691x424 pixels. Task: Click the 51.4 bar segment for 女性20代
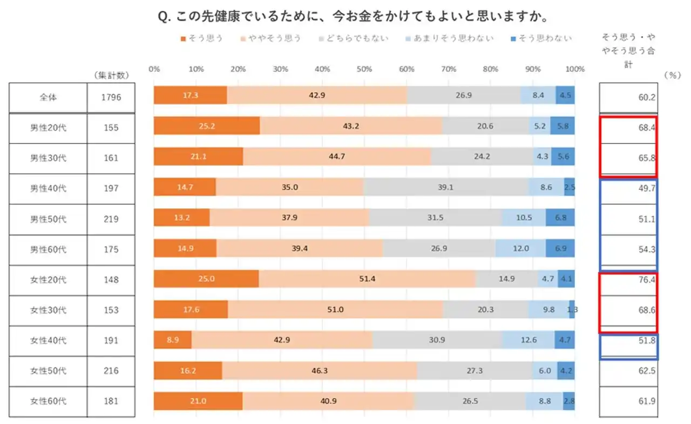[x=367, y=279]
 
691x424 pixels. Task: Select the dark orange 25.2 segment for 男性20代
[x=207, y=126]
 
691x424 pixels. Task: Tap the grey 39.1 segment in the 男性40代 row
[x=446, y=187]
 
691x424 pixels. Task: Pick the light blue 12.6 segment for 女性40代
[x=528, y=340]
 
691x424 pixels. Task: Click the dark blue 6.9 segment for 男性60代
[x=560, y=248]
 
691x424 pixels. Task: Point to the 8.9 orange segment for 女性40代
[x=172, y=340]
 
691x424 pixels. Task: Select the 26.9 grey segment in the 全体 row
[x=464, y=95]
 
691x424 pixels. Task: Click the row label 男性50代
[x=48, y=219]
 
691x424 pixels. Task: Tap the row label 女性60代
[x=48, y=401]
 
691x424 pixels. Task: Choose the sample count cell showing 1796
[x=111, y=98]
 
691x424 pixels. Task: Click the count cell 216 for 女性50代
[x=111, y=371]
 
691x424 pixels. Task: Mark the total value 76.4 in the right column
[x=647, y=280]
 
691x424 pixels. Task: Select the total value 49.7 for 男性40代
[x=647, y=188]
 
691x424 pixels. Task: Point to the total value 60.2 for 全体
[x=647, y=98]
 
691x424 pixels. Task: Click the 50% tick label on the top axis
[x=364, y=69]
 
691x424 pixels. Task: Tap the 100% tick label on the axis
[x=575, y=69]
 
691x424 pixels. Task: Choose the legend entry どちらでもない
[x=354, y=38]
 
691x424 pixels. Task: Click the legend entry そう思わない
[x=541, y=38]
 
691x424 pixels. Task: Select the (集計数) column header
[x=111, y=75]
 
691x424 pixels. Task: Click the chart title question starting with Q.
[x=353, y=16]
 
